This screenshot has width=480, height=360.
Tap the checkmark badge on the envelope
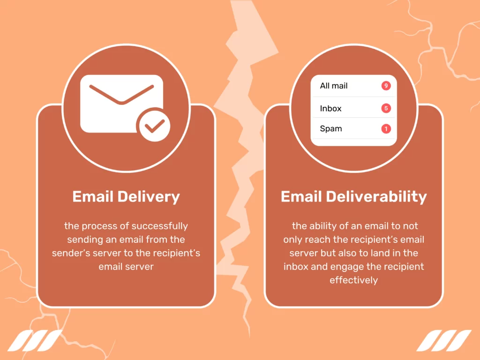[x=153, y=126]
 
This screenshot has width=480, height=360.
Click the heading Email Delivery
[x=126, y=196]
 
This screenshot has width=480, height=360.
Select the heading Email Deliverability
[x=353, y=196]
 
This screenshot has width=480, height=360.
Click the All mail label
[x=334, y=86]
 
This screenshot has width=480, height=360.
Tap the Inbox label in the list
[x=330, y=108]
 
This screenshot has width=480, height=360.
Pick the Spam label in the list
[x=330, y=128]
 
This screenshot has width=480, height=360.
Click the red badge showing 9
[x=386, y=86]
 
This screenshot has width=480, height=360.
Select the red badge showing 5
[x=386, y=108]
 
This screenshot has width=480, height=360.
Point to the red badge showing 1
[x=386, y=129]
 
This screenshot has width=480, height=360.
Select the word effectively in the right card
[x=353, y=280]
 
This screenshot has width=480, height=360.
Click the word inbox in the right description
[x=296, y=267]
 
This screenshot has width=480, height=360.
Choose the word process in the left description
[x=98, y=226]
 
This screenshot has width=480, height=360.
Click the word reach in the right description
[x=318, y=240]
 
